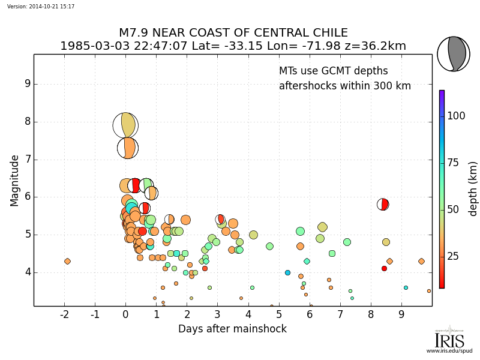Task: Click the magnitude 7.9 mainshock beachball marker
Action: [125, 125]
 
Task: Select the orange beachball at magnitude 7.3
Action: [127, 148]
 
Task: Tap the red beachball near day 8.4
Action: [383, 205]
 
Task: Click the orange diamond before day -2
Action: [67, 261]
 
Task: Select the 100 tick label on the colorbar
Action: [456, 116]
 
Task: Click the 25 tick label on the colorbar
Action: [454, 257]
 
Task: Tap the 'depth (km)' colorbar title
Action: [473, 188]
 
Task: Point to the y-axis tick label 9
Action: [27, 84]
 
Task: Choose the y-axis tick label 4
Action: [27, 272]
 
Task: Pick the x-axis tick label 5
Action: [279, 314]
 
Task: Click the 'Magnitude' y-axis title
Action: [14, 180]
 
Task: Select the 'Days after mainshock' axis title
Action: [232, 329]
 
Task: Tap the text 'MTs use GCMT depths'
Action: [334, 71]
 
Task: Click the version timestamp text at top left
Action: [41, 6]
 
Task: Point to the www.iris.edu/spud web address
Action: [449, 351]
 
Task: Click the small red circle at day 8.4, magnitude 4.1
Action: [384, 268]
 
